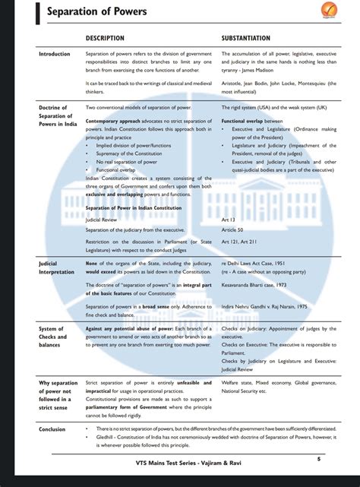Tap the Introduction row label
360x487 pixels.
pos(54,54)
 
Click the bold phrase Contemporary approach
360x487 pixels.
pos(111,121)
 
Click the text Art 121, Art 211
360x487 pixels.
pos(240,242)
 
